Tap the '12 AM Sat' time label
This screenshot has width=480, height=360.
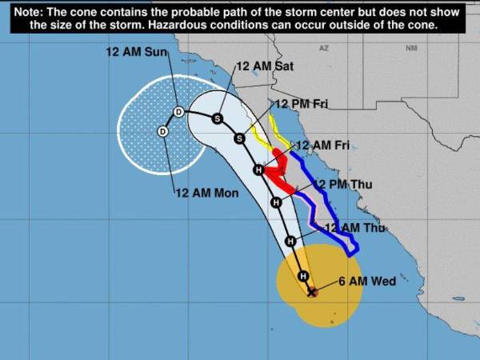click(x=266, y=66)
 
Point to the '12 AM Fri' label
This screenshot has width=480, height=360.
click(x=323, y=145)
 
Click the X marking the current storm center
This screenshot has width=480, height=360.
click(x=312, y=292)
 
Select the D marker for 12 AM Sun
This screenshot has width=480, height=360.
click(x=178, y=111)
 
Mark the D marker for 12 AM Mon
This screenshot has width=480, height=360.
click(x=162, y=131)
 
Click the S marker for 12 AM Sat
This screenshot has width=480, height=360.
click(x=217, y=118)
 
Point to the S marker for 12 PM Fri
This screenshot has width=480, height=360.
click(x=238, y=138)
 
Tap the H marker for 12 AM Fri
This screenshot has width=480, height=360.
click(x=258, y=170)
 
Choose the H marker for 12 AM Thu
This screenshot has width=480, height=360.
click(x=290, y=241)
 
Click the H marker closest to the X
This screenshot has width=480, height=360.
click(x=303, y=276)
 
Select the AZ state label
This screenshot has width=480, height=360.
click(x=323, y=49)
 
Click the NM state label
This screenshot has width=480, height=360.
click(x=411, y=49)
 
